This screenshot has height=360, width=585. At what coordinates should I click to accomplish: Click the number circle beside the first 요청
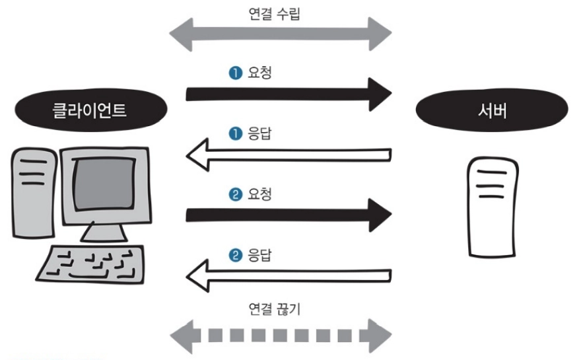pyautogui.click(x=234, y=73)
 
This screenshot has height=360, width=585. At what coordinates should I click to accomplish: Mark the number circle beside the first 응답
pyautogui.click(x=234, y=134)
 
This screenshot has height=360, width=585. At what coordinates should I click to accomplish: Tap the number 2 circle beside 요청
pyautogui.click(x=234, y=196)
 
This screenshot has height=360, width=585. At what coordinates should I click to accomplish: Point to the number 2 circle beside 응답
pyautogui.click(x=234, y=256)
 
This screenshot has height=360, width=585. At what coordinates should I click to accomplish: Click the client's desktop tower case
pyautogui.click(x=31, y=192)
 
